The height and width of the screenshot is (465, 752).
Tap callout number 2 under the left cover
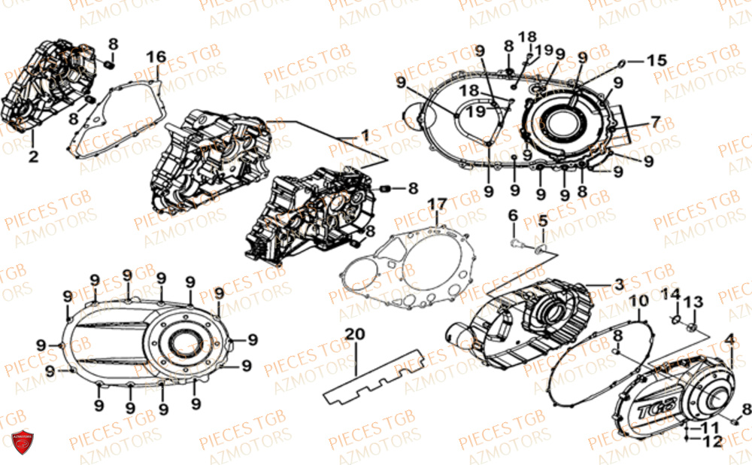(x=33, y=157)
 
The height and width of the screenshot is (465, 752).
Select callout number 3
(x=618, y=284)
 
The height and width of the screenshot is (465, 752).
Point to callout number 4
(x=729, y=339)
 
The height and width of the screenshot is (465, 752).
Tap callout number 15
(x=656, y=59)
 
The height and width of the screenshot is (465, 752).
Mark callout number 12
(x=711, y=442)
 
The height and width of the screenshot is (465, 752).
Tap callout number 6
(x=513, y=215)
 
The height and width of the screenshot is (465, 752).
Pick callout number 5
(x=542, y=222)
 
